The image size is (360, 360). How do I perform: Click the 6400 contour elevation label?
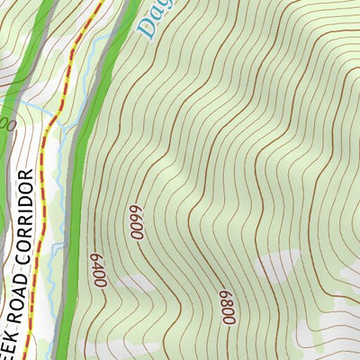point(98,271)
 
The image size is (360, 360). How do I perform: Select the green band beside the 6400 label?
point(79,270)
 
